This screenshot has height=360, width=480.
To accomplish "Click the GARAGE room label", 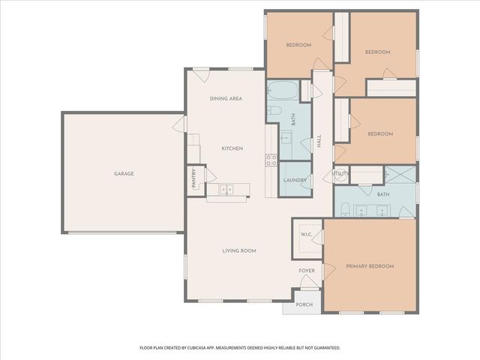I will click(124, 173).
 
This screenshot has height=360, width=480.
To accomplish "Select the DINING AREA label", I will click(225, 98).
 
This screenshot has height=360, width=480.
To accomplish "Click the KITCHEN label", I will click(232, 148).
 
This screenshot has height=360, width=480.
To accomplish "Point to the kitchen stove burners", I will click(271, 159).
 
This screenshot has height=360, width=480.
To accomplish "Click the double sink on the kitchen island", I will click(227, 189).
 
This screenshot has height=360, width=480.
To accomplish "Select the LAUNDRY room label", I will click(294, 180).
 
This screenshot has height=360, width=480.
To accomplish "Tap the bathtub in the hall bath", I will click(283, 91).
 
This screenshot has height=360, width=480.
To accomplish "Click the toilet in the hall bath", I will click(275, 112).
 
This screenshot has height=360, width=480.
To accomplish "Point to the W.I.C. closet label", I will click(307, 234).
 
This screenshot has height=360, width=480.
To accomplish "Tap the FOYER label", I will click(307, 270).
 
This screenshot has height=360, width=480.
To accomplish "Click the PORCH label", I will click(303, 304).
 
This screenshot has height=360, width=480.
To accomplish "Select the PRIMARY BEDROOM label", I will click(369, 266).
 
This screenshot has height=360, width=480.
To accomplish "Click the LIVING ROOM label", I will click(239, 250).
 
